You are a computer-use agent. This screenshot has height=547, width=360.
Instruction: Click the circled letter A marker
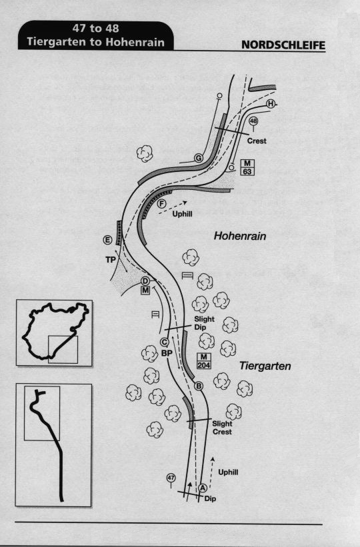point(203,488)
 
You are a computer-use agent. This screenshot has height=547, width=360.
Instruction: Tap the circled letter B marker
point(198,386)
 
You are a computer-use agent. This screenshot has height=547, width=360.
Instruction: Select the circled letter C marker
point(164,342)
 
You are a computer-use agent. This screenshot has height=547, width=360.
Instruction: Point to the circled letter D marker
point(145,280)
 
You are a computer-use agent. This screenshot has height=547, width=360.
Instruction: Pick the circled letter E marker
point(107,240)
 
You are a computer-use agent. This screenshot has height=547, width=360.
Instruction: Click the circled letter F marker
point(161,204)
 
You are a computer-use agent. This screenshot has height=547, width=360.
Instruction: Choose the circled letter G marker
point(198,159)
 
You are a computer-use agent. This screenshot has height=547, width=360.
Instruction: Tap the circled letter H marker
point(271,104)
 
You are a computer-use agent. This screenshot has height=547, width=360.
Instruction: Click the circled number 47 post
point(171,478)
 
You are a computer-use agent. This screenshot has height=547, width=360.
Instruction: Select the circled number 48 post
point(253,121)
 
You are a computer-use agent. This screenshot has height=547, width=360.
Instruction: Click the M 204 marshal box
point(204,361)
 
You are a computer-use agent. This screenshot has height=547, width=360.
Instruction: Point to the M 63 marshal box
point(247,167)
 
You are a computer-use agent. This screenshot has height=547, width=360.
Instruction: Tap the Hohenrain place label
point(240,236)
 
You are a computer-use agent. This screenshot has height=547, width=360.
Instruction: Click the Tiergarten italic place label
point(265,366)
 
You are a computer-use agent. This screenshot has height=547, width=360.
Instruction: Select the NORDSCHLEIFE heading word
point(283,45)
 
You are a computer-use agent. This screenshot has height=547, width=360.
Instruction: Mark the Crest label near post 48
point(257,141)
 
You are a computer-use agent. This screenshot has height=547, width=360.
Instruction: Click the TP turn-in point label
point(111,260)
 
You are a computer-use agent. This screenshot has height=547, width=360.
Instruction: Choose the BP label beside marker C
point(167,353)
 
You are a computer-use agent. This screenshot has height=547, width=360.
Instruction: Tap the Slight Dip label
point(204,323)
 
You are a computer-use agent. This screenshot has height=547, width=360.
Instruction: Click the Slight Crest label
point(222,428)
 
